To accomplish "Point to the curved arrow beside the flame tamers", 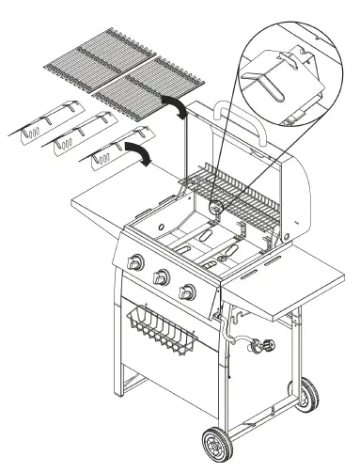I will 137,154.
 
